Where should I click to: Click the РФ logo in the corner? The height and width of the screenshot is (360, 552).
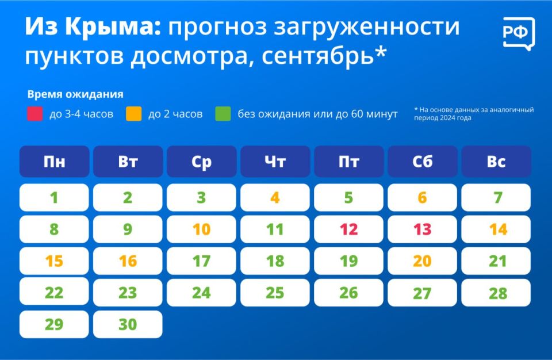518,34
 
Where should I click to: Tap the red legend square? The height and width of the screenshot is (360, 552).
35,114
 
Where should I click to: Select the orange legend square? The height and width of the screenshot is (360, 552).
134,114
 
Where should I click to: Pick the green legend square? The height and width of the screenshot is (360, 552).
223,114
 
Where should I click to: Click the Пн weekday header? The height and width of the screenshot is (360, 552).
54,162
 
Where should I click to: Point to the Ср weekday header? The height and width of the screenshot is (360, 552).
201,162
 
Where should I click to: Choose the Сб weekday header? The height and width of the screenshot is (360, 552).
422,162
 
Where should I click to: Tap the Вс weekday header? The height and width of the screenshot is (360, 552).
496,162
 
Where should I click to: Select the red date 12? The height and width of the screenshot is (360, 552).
348,229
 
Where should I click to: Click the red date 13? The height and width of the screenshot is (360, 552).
422,229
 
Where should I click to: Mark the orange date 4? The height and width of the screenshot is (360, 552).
275,198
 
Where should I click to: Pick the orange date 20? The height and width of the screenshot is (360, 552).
422,261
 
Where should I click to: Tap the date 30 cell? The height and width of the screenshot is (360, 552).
128,324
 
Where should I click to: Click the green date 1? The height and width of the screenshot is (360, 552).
54,198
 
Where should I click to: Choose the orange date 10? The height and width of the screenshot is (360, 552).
201,229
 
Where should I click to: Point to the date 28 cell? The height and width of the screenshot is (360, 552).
496,293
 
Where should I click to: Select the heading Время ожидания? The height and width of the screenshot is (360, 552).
75,94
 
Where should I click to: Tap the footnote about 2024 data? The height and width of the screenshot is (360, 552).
473,113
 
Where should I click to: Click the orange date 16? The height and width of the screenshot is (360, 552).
128,261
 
